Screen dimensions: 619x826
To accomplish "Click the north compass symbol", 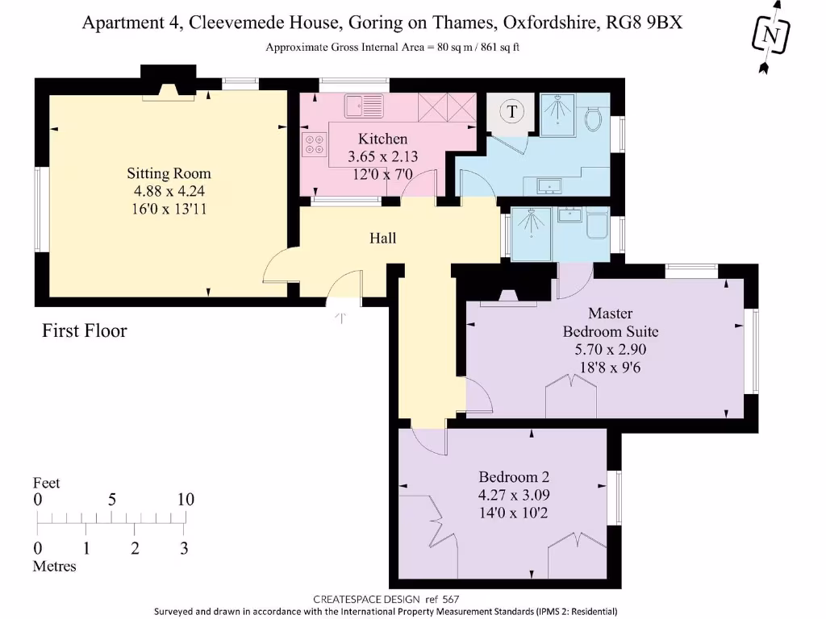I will (771, 35).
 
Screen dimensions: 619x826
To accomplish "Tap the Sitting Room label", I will (169, 173).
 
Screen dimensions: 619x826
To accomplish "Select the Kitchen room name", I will (382, 139).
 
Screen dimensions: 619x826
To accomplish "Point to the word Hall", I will (382, 239).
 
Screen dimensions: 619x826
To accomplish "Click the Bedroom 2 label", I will (514, 476).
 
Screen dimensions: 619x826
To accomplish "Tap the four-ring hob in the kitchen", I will (313, 145).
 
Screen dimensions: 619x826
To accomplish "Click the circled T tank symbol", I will (511, 111).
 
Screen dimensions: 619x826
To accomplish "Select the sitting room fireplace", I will (168, 91).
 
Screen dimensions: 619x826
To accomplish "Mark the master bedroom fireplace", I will (508, 296).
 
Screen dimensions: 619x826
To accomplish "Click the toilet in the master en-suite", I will (597, 225).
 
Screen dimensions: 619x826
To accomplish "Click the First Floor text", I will (85, 330).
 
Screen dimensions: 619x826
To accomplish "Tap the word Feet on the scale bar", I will (46, 483).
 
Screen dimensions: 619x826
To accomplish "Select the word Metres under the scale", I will (54, 567).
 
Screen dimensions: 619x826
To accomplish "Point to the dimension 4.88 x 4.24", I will (169, 191).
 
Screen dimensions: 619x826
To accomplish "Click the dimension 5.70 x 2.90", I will (610, 350).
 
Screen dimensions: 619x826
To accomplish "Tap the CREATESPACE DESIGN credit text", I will (363, 599).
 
